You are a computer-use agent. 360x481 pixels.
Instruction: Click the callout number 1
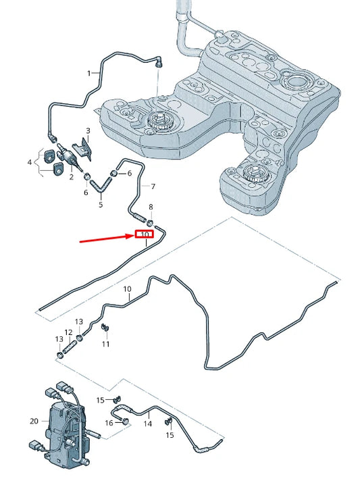89,74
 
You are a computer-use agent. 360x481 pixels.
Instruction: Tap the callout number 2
72,177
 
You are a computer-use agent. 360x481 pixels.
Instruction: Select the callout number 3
88,131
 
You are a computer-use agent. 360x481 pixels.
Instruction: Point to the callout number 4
30,161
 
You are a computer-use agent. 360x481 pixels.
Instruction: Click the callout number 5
101,204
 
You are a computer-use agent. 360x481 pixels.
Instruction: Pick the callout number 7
153,186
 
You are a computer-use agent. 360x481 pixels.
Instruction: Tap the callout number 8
151,207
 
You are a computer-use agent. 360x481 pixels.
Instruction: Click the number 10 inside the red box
145,234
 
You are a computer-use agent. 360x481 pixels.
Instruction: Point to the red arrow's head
132,236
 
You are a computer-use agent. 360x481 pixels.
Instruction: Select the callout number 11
105,344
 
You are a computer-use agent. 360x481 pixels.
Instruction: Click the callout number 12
68,332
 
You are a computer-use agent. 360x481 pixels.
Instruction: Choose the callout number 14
148,424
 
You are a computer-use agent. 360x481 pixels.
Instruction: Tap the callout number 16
109,423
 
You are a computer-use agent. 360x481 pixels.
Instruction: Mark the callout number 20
34,421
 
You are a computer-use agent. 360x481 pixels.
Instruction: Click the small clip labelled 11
105,327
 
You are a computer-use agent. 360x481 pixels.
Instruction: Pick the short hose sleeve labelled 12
70,347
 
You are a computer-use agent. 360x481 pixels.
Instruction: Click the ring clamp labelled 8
150,222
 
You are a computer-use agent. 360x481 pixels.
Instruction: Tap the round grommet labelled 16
124,421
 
